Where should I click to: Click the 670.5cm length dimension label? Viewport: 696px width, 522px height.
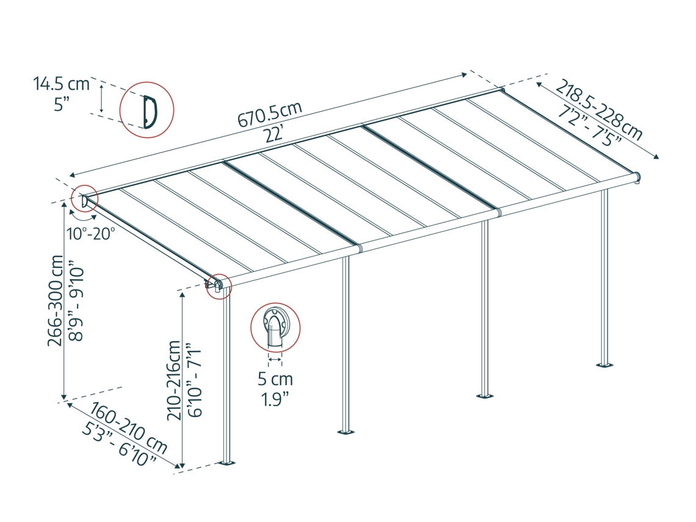270,114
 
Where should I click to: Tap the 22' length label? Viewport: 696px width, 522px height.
274,134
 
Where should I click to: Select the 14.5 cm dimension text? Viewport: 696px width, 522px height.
62,84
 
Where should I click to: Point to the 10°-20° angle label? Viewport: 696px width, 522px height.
90,233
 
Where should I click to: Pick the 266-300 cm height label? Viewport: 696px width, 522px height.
56,300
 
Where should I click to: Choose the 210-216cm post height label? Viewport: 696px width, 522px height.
174,380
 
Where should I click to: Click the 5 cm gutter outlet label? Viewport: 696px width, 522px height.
275,379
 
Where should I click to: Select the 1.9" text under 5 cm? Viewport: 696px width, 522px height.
275,399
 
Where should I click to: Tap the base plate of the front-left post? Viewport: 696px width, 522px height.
228,463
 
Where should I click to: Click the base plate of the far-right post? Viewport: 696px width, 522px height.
605,365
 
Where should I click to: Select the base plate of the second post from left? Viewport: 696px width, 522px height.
346,431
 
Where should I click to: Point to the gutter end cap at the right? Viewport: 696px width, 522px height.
637,178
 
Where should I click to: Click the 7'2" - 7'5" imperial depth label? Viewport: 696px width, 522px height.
590,125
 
